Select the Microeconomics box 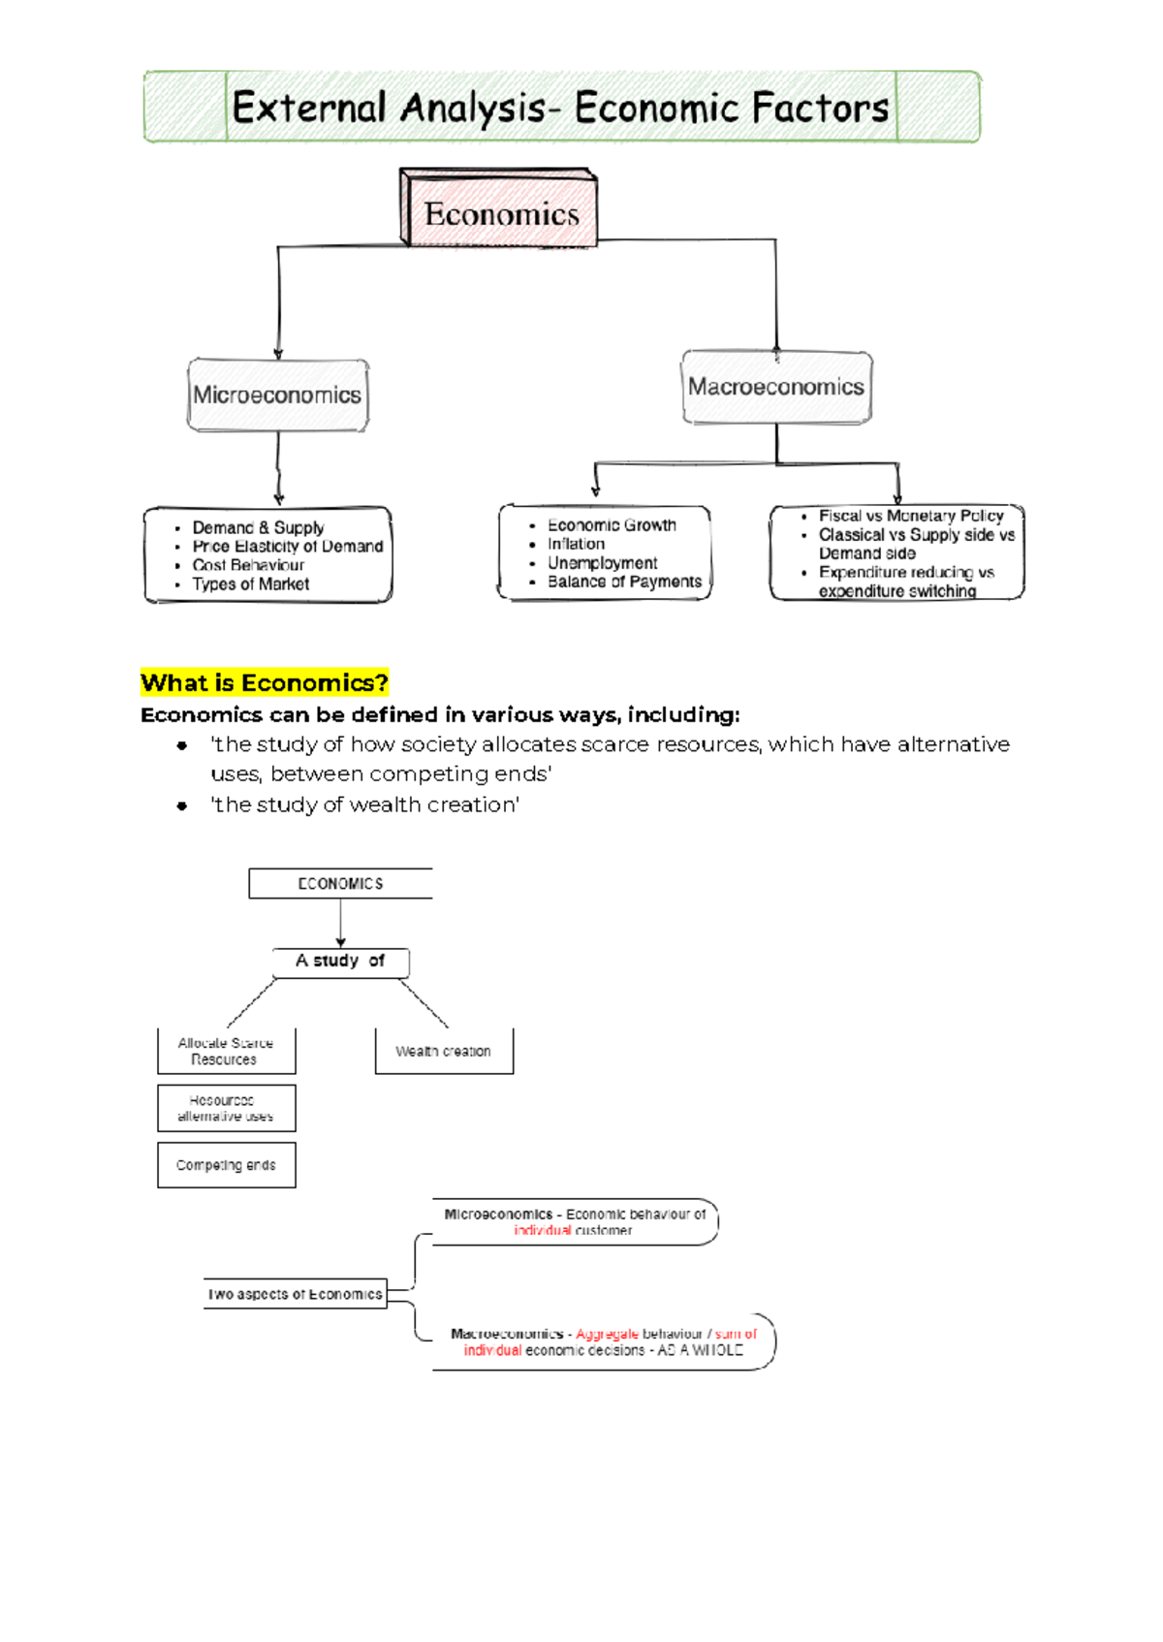coord(277,395)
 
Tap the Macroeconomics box coord(775,387)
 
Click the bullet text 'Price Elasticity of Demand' coord(287,547)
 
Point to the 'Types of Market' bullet coord(250,584)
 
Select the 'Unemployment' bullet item coord(602,563)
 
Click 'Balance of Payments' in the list coord(624,582)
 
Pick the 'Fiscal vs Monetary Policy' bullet coord(910,517)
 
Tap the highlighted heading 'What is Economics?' coord(265,683)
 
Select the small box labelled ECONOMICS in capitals coord(340,884)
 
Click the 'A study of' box coord(340,962)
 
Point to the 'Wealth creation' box coord(443,1052)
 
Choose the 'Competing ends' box coord(226,1165)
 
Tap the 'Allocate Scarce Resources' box coord(226,1052)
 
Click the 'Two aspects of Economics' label coord(295,1294)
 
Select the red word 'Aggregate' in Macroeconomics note coord(607,1335)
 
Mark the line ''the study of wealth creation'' coord(365,805)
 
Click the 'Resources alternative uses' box coord(226,1108)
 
